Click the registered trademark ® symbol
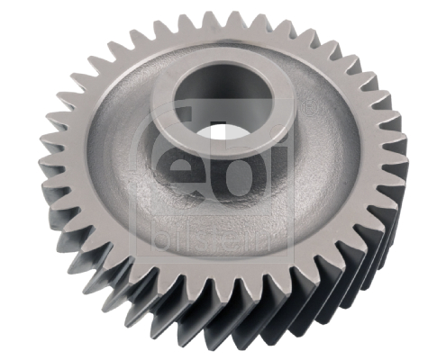coord(307,109)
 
